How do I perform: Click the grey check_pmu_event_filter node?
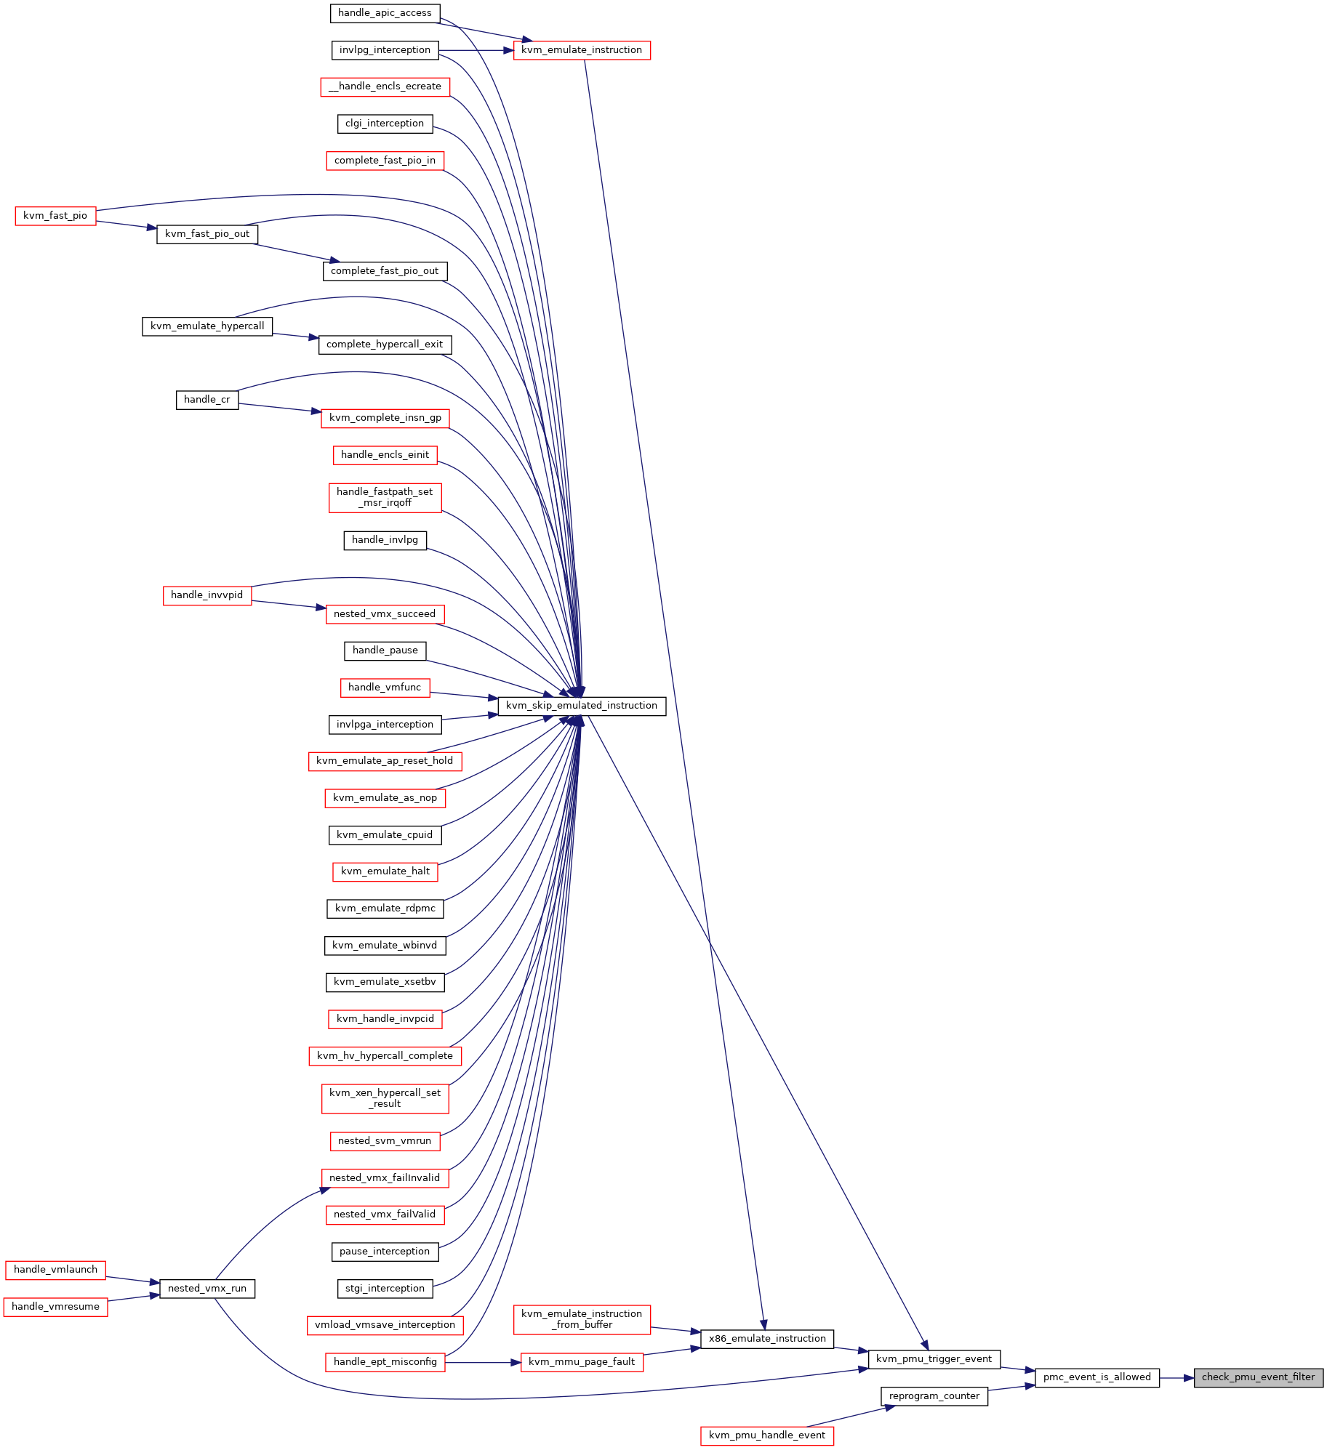coord(1258,1377)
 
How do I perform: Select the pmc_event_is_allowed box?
coord(1097,1377)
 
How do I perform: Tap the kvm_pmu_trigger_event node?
coord(934,1358)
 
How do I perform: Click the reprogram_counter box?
coord(934,1395)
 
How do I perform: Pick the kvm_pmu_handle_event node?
coord(766,1435)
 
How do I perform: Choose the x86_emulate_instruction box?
coord(766,1338)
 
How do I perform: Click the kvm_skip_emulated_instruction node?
coord(581,705)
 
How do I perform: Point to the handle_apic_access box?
coord(385,13)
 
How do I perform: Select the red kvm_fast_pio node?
coord(55,215)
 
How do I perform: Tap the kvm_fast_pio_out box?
coord(207,233)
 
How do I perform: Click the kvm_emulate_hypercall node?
coord(207,326)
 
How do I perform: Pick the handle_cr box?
coord(207,399)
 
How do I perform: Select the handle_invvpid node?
coord(207,595)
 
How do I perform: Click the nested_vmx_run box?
coord(207,1288)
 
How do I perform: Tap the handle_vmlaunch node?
coord(55,1269)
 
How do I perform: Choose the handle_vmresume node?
coord(55,1306)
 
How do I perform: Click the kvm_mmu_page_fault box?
coord(582,1361)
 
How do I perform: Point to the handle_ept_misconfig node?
coord(385,1361)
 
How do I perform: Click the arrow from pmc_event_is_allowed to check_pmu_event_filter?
coord(1176,1377)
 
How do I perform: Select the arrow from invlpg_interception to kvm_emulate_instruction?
coord(476,50)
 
